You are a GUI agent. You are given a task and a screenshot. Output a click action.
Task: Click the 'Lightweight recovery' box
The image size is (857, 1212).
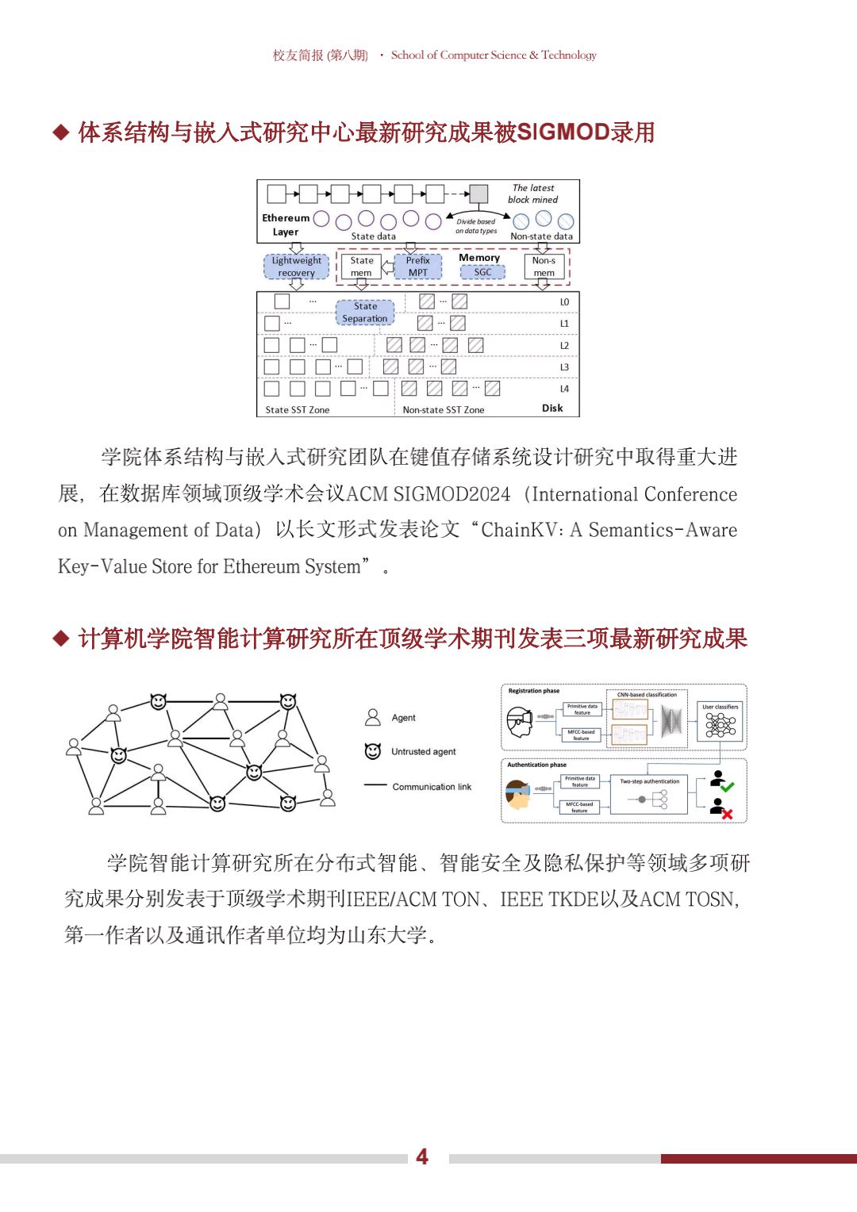coord(296,267)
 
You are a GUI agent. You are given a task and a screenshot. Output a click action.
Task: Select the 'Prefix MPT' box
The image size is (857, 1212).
coord(417,267)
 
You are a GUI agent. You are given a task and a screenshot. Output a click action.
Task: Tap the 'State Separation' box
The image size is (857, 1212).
coord(365,313)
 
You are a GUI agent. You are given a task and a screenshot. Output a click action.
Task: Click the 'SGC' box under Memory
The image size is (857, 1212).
coord(482,272)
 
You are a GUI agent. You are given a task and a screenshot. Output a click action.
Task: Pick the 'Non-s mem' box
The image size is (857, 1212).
coord(544,267)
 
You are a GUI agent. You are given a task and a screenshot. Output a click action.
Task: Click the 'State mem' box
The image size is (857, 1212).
coord(361,267)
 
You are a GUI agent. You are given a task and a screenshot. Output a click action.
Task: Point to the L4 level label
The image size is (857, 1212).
coord(564,389)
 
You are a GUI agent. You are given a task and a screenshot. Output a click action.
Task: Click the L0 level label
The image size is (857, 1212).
coord(564,302)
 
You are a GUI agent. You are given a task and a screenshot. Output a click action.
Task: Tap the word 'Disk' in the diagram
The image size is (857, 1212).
coord(552,408)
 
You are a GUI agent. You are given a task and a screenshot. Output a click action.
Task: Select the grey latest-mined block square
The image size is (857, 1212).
coord(478,194)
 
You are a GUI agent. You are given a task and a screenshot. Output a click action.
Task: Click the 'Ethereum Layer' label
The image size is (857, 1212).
coord(286,224)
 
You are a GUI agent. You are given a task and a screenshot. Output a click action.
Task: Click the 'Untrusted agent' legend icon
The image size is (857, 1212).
coord(373,751)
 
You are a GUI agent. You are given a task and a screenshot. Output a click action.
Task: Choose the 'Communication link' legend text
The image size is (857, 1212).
coord(432,787)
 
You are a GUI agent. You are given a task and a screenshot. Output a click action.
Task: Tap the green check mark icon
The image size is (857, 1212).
coord(727,787)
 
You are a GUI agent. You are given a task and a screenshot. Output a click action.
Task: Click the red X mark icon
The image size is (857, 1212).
coord(727,814)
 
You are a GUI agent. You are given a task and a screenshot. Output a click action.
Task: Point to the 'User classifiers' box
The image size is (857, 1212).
coord(720,721)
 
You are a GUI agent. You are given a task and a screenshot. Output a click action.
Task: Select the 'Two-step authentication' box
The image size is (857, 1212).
coord(649,795)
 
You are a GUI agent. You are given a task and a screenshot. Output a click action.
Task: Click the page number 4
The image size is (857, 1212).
coord(422,1157)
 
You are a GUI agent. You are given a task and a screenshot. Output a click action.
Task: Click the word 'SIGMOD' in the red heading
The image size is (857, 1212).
coord(563,132)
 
